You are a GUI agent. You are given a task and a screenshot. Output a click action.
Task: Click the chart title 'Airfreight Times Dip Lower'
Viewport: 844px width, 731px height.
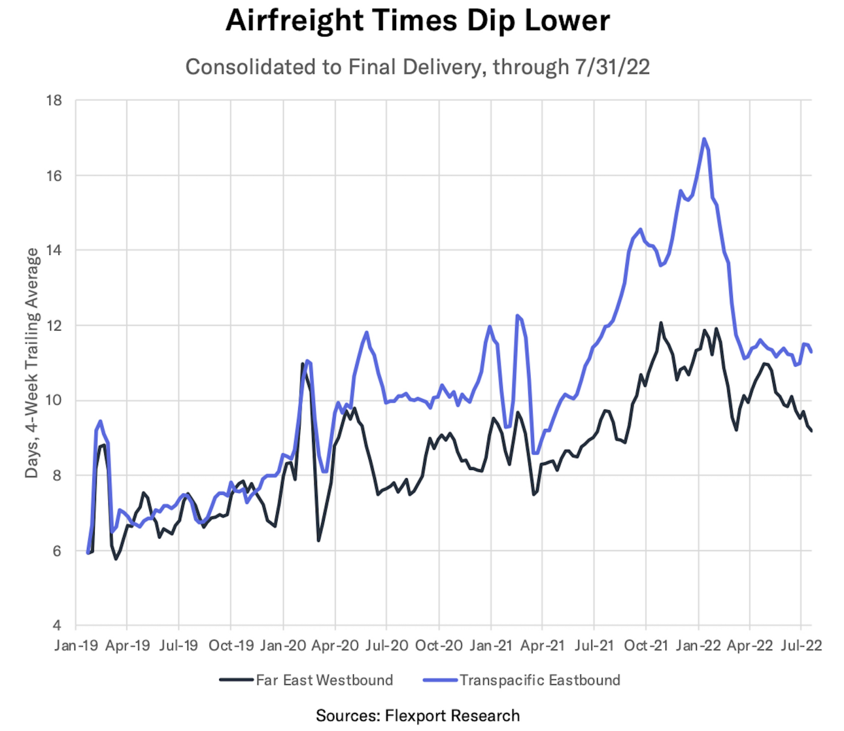[x=418, y=21]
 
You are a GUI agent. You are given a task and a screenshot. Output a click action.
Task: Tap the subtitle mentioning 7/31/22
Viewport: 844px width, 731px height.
[x=418, y=66]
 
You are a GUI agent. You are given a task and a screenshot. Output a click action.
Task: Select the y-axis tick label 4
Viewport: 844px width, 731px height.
[x=58, y=625]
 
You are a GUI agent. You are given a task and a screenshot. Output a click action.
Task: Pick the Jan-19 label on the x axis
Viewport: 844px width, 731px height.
[x=76, y=645]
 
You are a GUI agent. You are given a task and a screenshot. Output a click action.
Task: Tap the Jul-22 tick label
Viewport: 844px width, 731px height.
[x=801, y=645]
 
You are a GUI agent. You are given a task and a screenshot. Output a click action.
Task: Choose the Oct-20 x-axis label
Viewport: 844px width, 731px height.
[x=439, y=645]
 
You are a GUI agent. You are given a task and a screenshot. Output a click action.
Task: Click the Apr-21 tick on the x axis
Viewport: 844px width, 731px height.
[x=542, y=645]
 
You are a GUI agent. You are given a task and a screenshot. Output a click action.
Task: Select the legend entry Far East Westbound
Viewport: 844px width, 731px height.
[x=324, y=680]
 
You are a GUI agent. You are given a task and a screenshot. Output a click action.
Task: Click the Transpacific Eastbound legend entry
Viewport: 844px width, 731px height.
[x=540, y=680]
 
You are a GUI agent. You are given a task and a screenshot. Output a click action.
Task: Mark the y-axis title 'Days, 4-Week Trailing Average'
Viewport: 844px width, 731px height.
[x=31, y=362]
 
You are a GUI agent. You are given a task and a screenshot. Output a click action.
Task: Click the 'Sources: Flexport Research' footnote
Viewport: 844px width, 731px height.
[x=418, y=716]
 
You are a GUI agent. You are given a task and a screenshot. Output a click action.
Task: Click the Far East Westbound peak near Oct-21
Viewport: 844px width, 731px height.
[x=660, y=323]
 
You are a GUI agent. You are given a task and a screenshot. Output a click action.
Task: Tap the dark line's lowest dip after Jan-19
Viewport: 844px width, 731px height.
[x=116, y=559]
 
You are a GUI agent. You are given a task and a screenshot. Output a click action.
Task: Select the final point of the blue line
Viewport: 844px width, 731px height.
[x=811, y=352]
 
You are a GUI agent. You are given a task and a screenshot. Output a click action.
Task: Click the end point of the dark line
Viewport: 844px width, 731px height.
[x=811, y=431]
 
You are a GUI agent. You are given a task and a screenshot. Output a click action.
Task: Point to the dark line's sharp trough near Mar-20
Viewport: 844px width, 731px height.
[x=318, y=540]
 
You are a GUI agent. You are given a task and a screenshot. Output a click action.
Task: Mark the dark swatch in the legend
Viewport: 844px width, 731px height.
[x=236, y=680]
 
